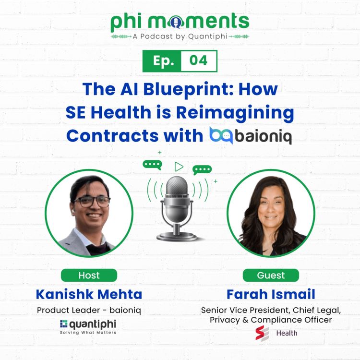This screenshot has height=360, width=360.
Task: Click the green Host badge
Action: pyautogui.click(x=89, y=276)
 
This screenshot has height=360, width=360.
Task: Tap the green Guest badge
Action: pyautogui.click(x=271, y=276)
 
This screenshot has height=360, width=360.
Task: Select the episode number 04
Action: pyautogui.click(x=199, y=61)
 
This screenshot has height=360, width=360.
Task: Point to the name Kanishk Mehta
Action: pyautogui.click(x=89, y=293)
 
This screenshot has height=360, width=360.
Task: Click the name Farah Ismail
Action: pyautogui.click(x=271, y=293)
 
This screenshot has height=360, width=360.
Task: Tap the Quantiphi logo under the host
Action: pyautogui.click(x=88, y=326)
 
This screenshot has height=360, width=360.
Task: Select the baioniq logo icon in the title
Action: pyautogui.click(x=221, y=136)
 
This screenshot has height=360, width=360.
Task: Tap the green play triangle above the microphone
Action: pyautogui.click(x=179, y=167)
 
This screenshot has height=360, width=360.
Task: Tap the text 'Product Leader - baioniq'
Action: pyautogui.click(x=89, y=310)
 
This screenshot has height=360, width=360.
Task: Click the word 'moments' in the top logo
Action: pyautogui.click(x=205, y=22)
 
